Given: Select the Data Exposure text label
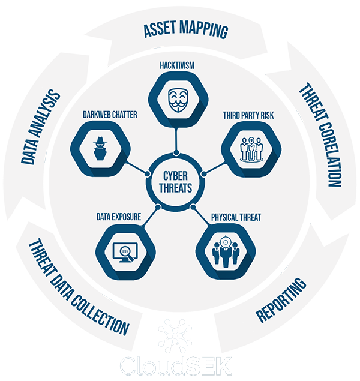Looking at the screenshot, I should tap(119, 213).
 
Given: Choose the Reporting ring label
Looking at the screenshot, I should tap(281, 300).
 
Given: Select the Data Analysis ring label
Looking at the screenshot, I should tap(40, 127).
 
